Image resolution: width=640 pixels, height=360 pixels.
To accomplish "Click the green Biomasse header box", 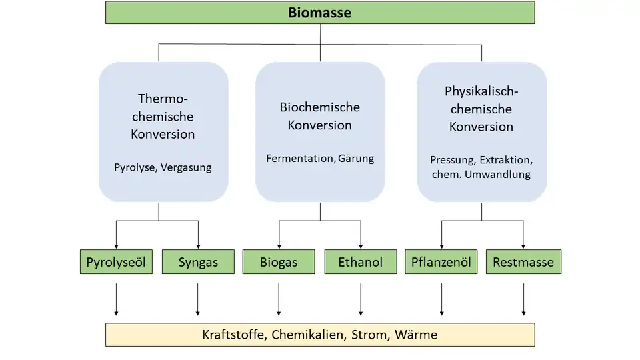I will coord(320,13).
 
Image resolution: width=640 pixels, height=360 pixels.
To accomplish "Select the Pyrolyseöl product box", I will coord(116,262).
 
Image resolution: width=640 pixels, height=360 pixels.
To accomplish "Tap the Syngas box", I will coord(198,262).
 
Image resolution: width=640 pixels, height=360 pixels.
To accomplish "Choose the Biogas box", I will coord(279,262).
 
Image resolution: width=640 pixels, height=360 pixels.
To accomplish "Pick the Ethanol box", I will coord(361,262).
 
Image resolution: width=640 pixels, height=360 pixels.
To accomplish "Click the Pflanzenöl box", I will coord(441,262).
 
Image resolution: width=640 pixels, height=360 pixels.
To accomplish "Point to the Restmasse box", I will coord(523,262).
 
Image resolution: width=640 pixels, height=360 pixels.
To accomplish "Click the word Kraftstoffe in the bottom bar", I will coord(234,335).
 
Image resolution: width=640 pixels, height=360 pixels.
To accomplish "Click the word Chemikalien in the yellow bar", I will coord(307,335).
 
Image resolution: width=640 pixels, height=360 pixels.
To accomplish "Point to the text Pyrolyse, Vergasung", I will coord(163,167).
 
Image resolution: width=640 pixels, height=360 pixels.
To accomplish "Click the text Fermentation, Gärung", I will coord(320,159).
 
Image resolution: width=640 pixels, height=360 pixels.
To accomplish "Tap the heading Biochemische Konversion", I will coord(320,116).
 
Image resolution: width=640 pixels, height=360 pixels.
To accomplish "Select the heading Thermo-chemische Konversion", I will coord(163,116).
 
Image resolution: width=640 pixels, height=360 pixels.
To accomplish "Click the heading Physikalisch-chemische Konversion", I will coord(481,109).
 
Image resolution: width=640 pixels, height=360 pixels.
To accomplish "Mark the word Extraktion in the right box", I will coord(506,160).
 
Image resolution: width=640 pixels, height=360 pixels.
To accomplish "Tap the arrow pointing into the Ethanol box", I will coord(361,235).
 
